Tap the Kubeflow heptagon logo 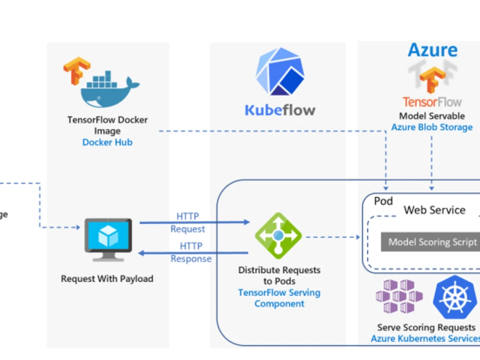pyautogui.click(x=279, y=72)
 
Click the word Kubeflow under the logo pyautogui.click(x=280, y=110)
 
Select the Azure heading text pyautogui.click(x=432, y=50)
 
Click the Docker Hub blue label pyautogui.click(x=107, y=142)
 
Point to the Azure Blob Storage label pyautogui.click(x=432, y=127)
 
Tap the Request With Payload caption pyautogui.click(x=107, y=278)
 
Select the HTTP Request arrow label pyautogui.click(x=188, y=223)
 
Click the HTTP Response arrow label pyautogui.click(x=191, y=252)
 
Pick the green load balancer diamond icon pyautogui.click(x=278, y=236)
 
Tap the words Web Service pyautogui.click(x=434, y=210)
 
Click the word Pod pyautogui.click(x=383, y=201)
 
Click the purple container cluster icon pyautogui.click(x=399, y=296)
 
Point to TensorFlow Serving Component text pyautogui.click(x=279, y=298)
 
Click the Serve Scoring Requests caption pyautogui.click(x=426, y=327)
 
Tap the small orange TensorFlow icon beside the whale pyautogui.click(x=76, y=71)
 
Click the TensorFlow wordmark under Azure pyautogui.click(x=432, y=102)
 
